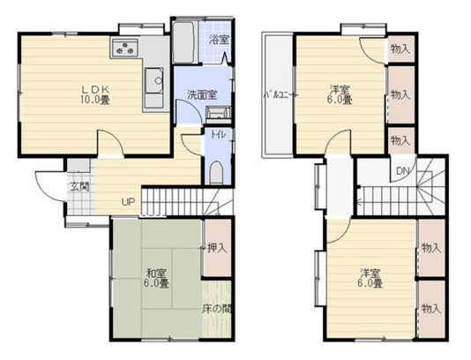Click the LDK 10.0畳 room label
click(95, 94)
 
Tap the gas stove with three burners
click(125, 48)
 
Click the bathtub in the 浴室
click(183, 42)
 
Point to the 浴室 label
click(219, 40)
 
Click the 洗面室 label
click(202, 95)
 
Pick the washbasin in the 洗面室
click(218, 113)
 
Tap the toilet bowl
click(215, 173)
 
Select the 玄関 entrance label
click(79, 186)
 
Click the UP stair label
click(128, 202)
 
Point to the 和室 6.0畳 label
click(156, 278)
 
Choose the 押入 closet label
click(217, 248)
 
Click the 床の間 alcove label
click(216, 309)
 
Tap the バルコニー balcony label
click(276, 95)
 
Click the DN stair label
click(403, 171)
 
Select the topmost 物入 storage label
click(400, 49)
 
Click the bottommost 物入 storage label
click(431, 309)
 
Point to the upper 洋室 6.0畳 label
click(340, 94)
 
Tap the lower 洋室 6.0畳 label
click(370, 278)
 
